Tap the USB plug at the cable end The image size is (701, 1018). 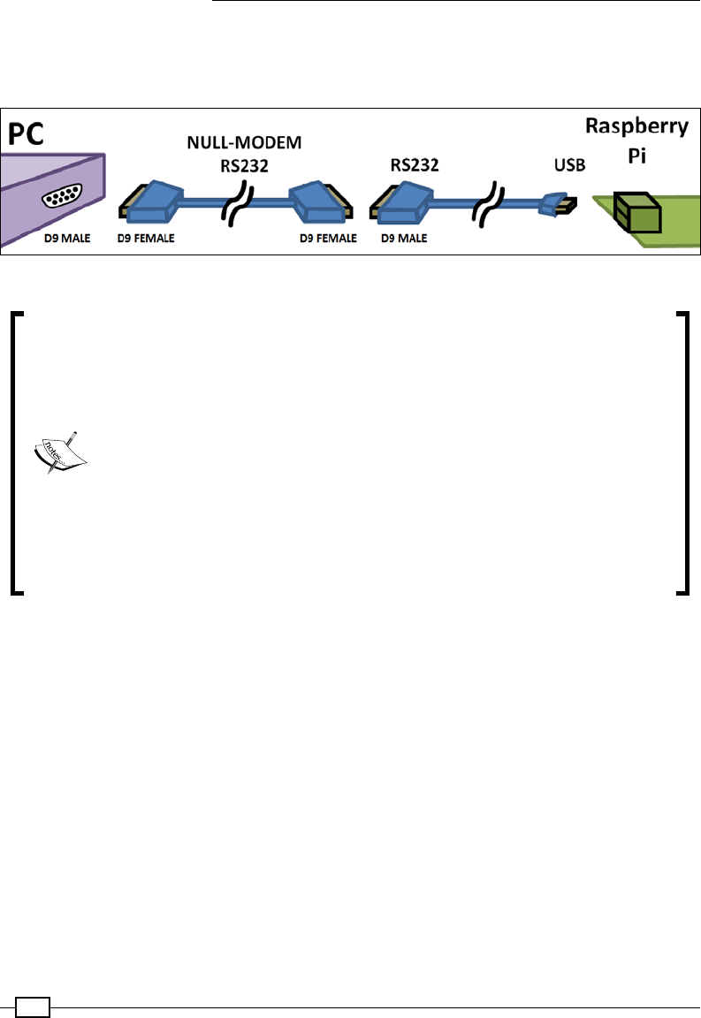[x=558, y=205]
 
